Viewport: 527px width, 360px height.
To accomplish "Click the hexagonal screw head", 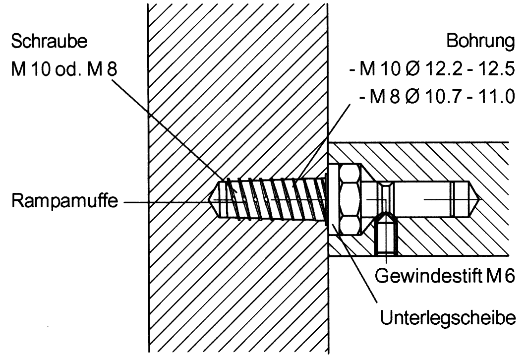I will [351, 198].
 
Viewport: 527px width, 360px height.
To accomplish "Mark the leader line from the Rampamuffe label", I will [169, 203].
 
